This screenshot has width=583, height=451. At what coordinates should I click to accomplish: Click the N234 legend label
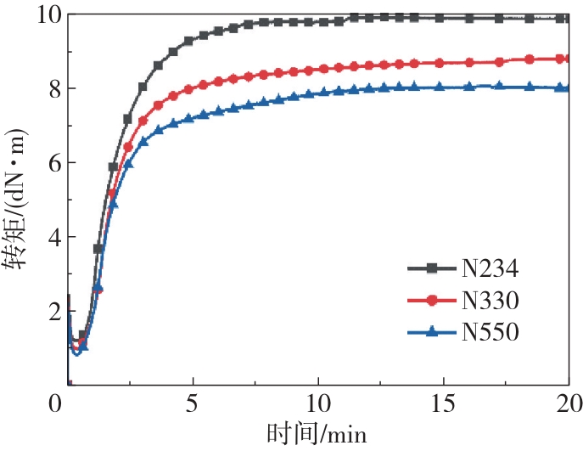[490, 269]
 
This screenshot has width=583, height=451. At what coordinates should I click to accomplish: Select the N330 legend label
[490, 301]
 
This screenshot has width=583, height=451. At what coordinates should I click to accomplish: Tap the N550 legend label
[490, 331]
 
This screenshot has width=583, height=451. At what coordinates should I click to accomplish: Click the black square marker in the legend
[431, 269]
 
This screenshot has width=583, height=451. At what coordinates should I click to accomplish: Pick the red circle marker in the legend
[431, 301]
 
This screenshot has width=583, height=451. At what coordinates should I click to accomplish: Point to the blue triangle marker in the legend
[431, 331]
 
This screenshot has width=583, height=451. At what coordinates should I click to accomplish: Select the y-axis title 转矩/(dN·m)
[16, 200]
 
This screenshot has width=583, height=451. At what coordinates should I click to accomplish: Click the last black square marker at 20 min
[561, 18]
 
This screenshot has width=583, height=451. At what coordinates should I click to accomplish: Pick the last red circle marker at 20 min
[561, 59]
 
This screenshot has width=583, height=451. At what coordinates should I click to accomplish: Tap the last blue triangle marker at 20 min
[561, 87]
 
